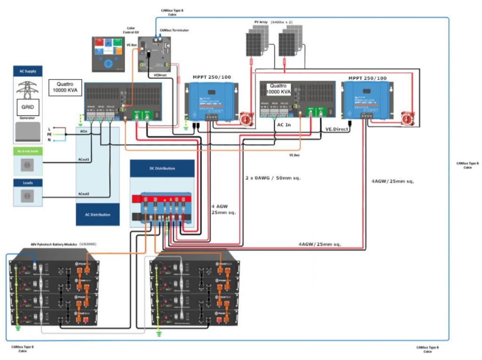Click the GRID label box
pos(27,107)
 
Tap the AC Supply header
pos(28,71)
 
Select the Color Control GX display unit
pos(109,54)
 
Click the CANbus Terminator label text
pos(174,30)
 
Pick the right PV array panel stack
pos(290,40)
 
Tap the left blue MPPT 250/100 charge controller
pos(209,100)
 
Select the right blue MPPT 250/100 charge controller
pos(367,100)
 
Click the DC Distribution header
pos(162,168)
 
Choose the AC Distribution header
pos(98,215)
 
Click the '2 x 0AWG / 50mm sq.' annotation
pos(273,178)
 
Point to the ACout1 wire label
pos(84,160)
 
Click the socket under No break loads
pos(27,164)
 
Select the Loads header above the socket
pos(28,183)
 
